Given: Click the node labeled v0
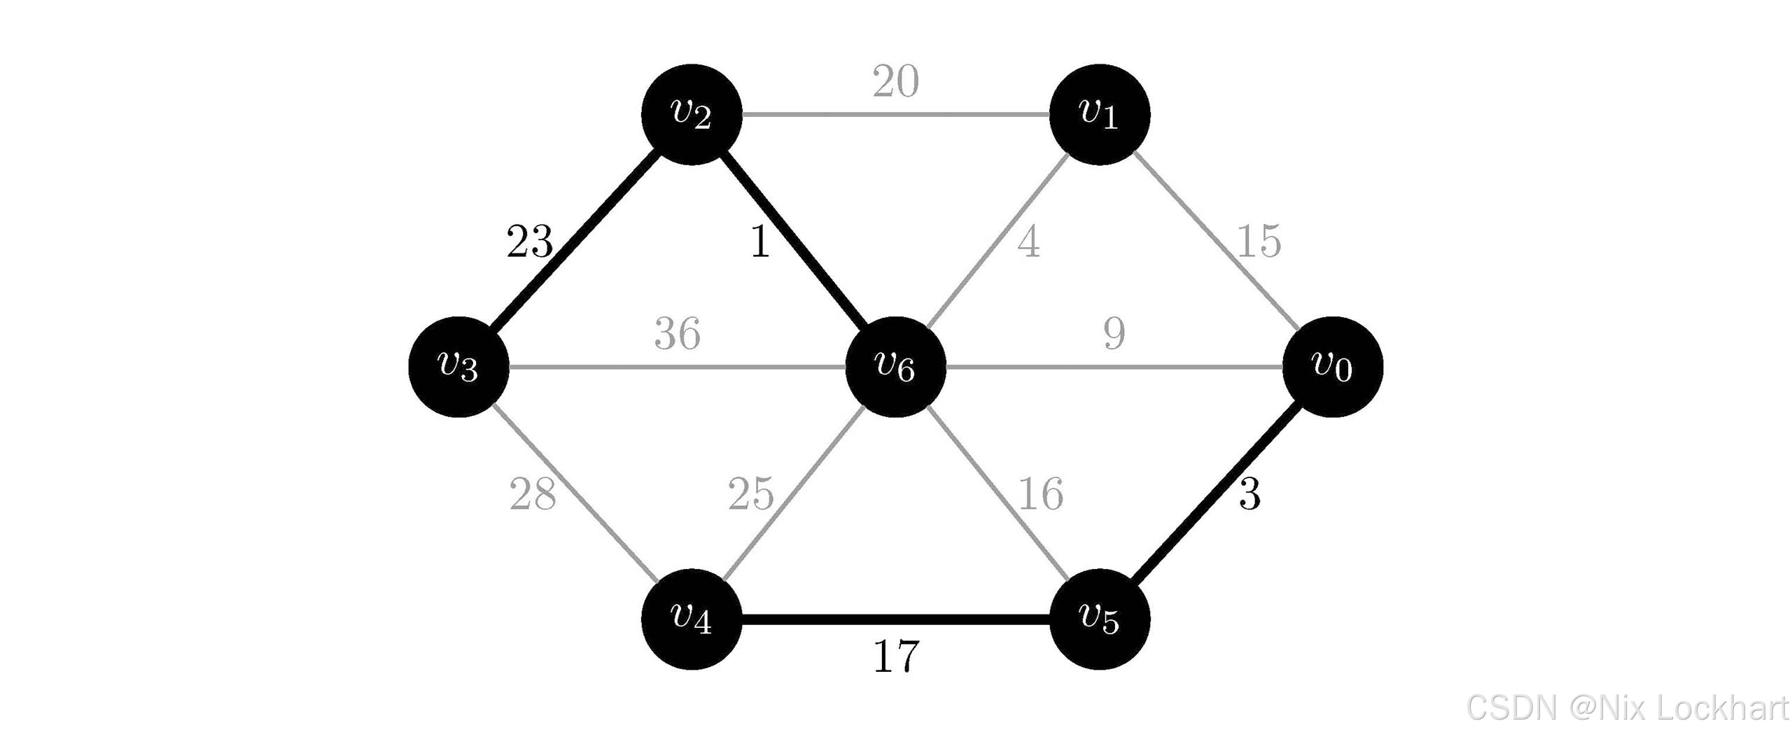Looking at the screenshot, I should [1332, 367].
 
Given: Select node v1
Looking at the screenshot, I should [1099, 114].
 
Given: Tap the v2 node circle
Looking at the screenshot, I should [692, 114].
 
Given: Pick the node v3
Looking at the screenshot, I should [458, 367].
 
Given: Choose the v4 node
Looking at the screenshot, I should [692, 619].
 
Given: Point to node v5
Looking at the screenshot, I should [1099, 619].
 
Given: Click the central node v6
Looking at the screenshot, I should [895, 367].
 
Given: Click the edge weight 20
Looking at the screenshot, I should [895, 81].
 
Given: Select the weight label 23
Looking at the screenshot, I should [529, 242].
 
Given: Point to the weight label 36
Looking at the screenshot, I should [677, 334].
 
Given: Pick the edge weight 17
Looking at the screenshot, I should [896, 657].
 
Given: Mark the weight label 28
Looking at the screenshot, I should [532, 494].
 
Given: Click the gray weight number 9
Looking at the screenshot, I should [1114, 333].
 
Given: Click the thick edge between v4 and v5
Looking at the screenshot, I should [895, 619].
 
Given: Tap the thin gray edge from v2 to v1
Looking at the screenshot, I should [895, 114].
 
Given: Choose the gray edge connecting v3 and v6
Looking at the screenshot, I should [677, 367].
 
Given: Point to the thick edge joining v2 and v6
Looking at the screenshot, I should [794, 241].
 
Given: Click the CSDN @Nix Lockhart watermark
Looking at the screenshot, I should [1627, 708].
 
